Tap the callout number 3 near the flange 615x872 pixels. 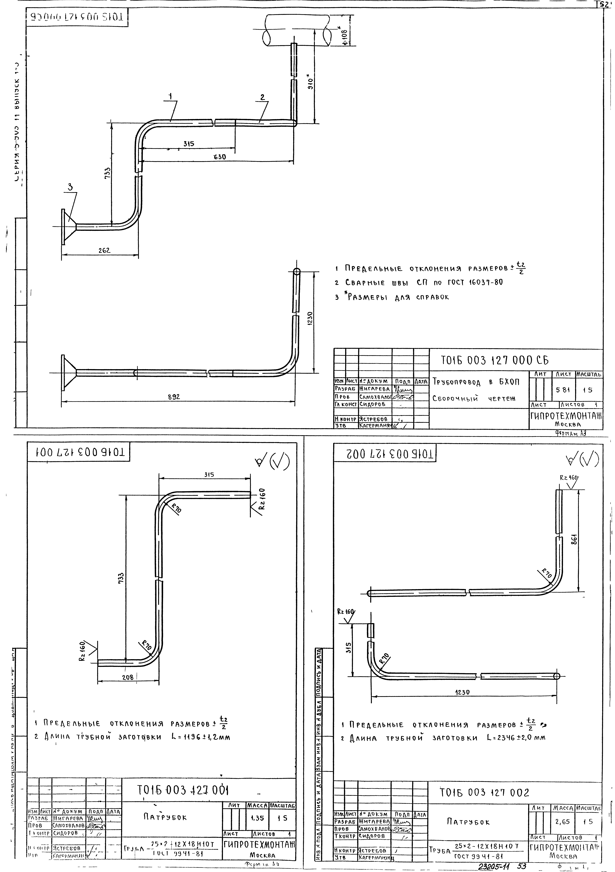[x=70, y=187]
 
